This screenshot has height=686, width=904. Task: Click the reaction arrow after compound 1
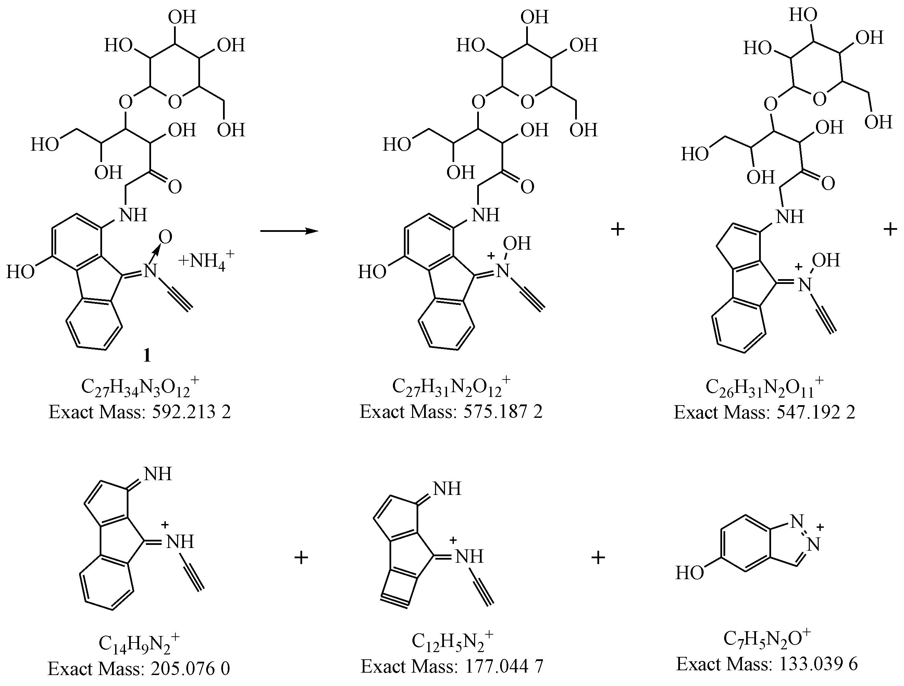coord(289,231)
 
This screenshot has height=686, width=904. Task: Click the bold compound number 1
coord(147,356)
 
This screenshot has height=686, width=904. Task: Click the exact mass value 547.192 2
coord(816,412)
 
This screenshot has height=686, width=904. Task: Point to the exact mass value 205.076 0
coord(190,669)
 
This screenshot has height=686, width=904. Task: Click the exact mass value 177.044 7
coord(504,667)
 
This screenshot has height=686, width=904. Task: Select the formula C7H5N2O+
coord(767,639)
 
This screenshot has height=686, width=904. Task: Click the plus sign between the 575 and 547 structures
coord(618,229)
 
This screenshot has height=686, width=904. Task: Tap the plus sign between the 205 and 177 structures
coord(301,557)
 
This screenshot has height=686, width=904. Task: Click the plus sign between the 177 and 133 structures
coord(598,557)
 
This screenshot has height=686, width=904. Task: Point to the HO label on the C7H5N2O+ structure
coord(690,573)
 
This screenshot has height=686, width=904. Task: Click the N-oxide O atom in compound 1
coord(165,237)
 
